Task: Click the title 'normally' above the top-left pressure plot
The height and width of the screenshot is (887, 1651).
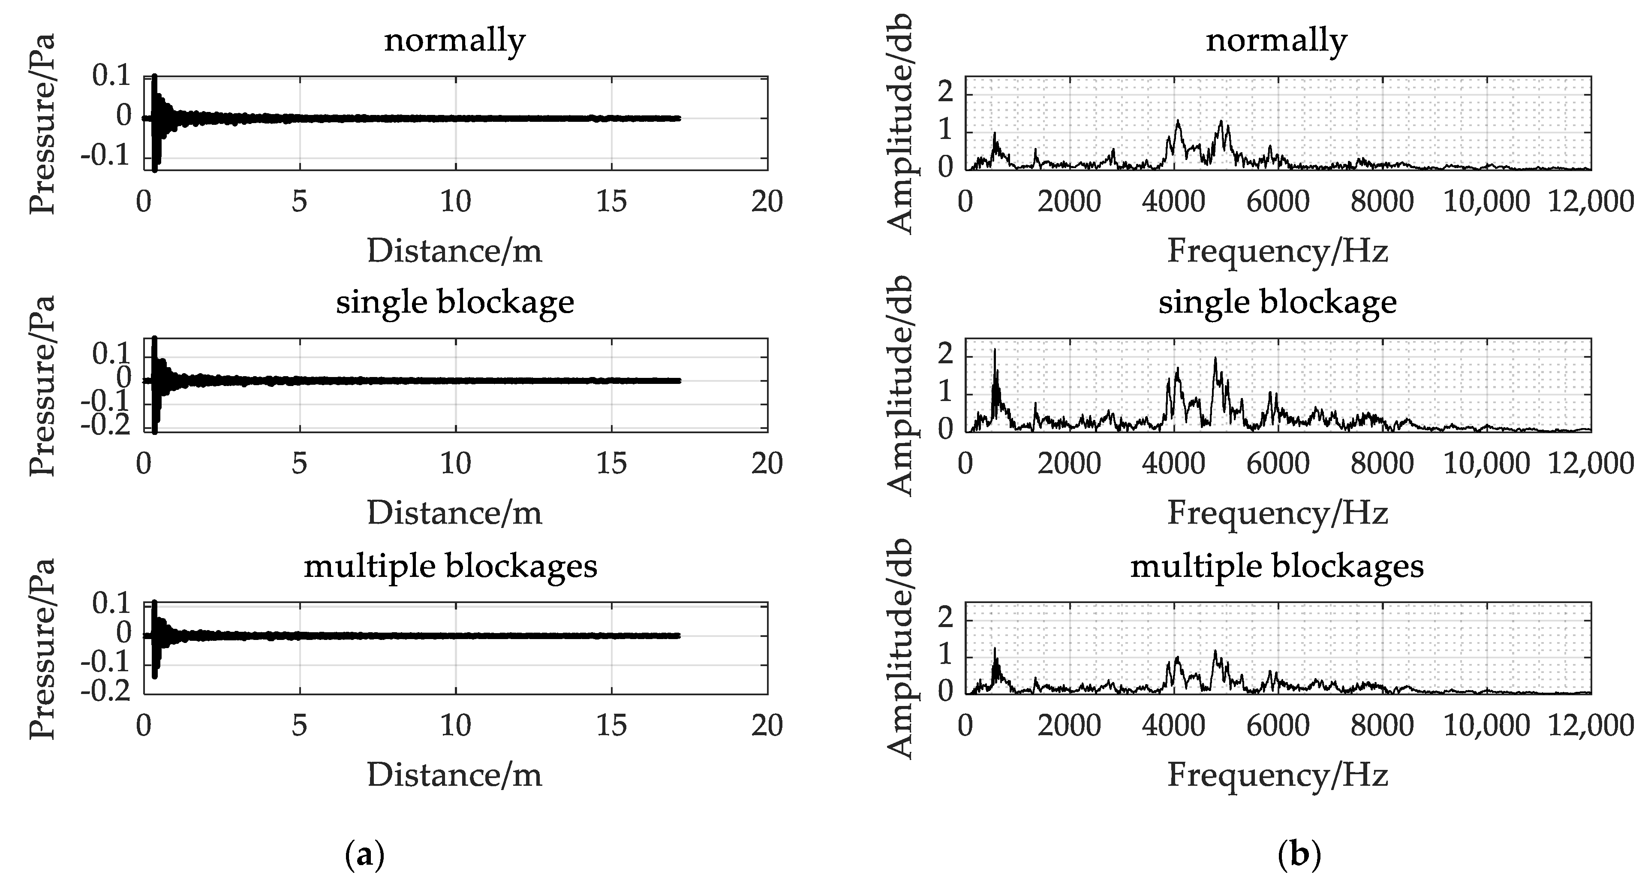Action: point(454,41)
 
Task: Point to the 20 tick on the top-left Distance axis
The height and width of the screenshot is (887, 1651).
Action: point(767,202)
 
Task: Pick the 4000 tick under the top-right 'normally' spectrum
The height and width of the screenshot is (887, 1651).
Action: point(1173,202)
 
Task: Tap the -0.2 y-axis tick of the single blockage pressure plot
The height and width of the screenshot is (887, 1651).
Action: point(106,425)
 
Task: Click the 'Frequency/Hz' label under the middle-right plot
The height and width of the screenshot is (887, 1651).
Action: point(1277,513)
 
